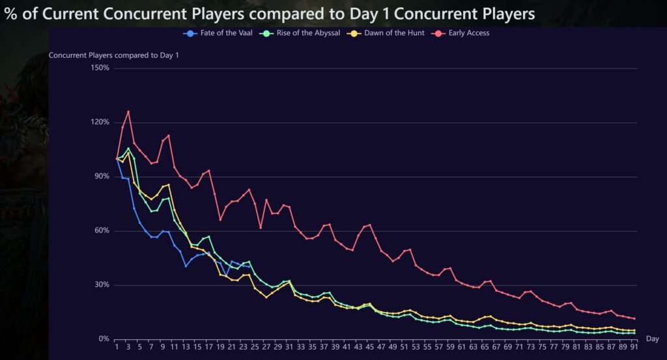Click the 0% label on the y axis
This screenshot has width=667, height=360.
[x=103, y=339]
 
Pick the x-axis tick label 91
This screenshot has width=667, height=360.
[x=634, y=347]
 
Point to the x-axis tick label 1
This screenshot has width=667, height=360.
[x=117, y=347]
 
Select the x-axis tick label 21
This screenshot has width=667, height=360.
[x=232, y=347]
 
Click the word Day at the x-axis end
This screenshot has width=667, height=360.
[x=652, y=339]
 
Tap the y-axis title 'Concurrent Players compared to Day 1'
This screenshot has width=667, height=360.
[x=114, y=55]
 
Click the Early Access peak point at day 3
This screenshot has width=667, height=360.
[x=128, y=111]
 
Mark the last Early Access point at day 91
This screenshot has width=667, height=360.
[x=634, y=318]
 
